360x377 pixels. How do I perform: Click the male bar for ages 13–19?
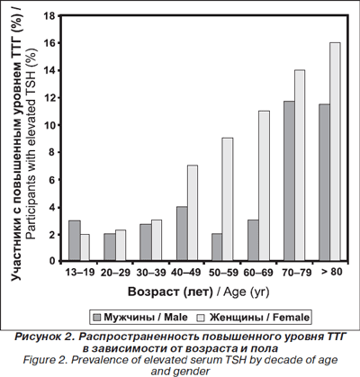point(75,240)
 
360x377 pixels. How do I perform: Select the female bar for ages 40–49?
point(193,212)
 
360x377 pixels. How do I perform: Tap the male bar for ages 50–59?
point(217,247)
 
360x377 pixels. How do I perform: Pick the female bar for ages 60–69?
point(265,185)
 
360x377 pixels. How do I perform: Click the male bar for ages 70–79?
point(289,181)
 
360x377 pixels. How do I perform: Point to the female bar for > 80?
point(335,151)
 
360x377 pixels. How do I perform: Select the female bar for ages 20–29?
point(121,245)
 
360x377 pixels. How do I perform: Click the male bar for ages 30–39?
point(146,242)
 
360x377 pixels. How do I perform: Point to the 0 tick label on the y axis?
point(52,261)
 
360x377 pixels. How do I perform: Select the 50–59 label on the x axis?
point(223,273)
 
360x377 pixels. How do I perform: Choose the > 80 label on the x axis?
point(331,272)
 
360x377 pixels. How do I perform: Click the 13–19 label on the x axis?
point(80,272)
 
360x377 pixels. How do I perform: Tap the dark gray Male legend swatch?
point(97,318)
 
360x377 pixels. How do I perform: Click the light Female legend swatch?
point(200,318)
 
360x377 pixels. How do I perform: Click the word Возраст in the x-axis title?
point(154,292)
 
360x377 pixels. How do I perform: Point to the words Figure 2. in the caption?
point(46,360)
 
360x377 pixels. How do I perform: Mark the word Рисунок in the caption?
point(37,337)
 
